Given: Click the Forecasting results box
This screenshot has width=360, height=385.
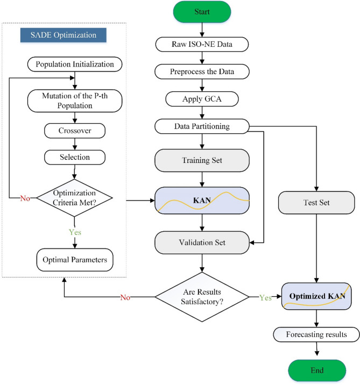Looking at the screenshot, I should (316, 334).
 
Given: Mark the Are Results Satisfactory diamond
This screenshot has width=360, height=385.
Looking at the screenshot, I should (202, 296).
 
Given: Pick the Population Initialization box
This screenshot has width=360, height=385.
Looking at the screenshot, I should (74, 65).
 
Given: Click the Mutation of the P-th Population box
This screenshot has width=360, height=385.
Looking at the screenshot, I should (74, 101).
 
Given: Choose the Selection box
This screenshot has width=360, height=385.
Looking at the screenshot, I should (74, 157).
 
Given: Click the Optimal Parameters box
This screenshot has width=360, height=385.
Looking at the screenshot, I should (74, 260).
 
